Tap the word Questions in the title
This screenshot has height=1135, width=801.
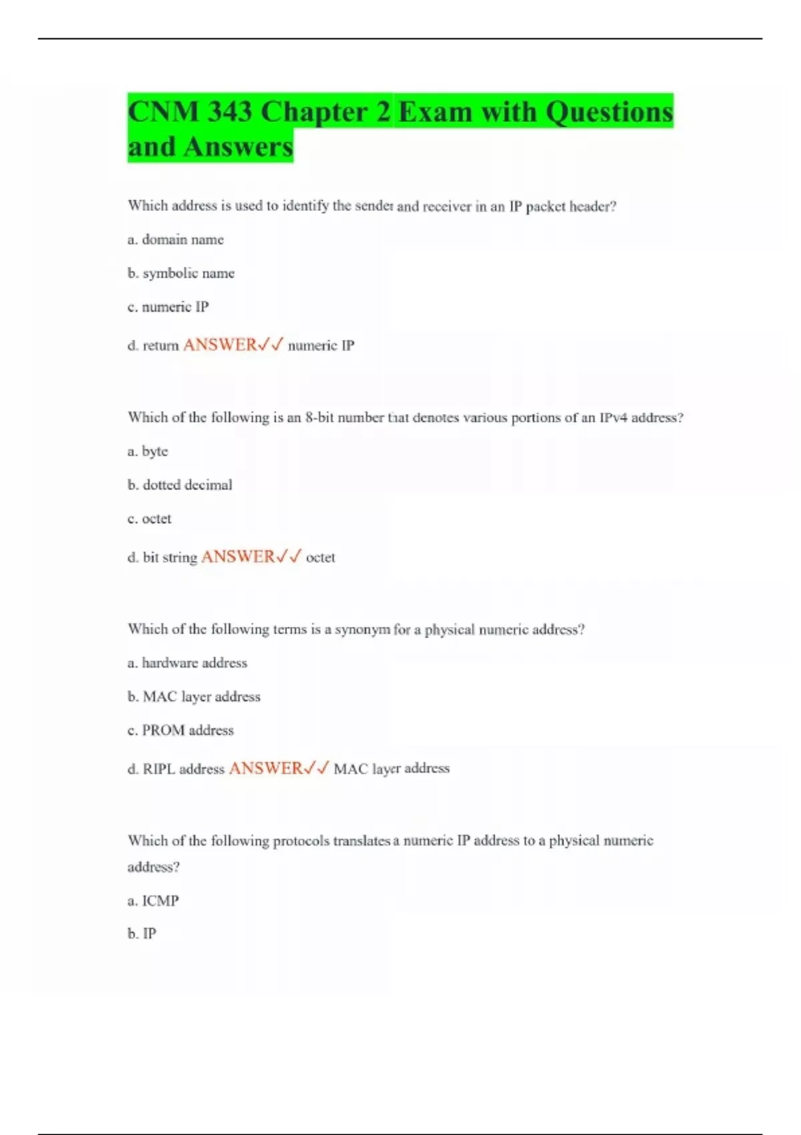point(609,111)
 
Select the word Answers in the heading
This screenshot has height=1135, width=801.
point(238,147)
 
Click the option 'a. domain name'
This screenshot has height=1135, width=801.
point(176,240)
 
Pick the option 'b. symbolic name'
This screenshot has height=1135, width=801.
point(181,273)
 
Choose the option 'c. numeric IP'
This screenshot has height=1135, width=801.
point(168,307)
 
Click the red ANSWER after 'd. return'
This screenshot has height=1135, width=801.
point(220,345)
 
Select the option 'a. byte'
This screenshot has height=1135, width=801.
point(148,451)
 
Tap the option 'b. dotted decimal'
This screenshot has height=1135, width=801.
point(180,485)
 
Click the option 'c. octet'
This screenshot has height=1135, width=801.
point(150,519)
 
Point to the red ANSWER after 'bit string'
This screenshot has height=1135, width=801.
point(238,557)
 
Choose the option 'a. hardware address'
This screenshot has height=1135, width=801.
point(187,663)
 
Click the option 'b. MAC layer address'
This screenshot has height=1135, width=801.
point(194,696)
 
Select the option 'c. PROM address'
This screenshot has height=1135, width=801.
point(180,730)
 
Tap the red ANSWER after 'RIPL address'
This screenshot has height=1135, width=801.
point(266,768)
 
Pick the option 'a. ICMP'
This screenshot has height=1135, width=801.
point(153,901)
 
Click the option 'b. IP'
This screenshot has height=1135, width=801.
point(142,933)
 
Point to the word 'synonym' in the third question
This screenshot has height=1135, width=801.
point(362,630)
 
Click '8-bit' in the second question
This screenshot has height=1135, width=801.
point(319,418)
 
